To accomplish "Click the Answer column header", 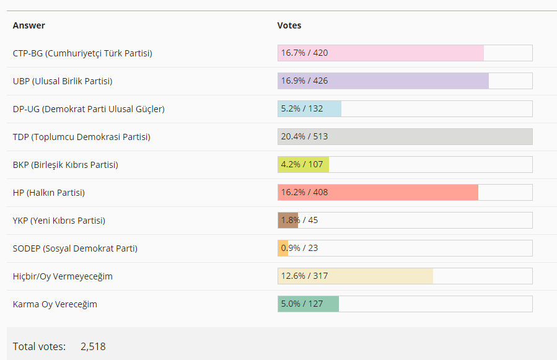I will tap(29, 25).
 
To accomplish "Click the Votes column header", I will tap(289, 25).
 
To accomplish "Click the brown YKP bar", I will tap(288, 221).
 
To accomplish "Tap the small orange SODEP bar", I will tap(283, 248).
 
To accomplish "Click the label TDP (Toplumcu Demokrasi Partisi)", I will tap(81, 137).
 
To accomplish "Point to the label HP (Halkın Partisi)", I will tap(49, 193).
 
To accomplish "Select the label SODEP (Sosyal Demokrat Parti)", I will tap(75, 248).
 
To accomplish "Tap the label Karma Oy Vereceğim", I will tap(55, 304).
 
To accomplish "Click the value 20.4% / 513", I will tap(304, 137).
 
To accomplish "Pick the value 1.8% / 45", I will tap(299, 221).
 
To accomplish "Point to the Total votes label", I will tap(39, 346).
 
